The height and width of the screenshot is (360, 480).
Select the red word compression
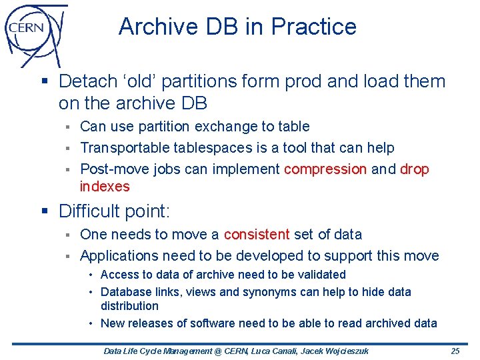pos(325,169)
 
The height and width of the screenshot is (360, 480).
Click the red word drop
pos(415,169)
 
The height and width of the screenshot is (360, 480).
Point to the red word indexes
pos(105,187)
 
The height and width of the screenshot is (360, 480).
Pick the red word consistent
pos(257,235)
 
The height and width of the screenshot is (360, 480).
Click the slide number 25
pos(455,351)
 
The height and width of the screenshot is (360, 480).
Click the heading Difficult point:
pos(115,212)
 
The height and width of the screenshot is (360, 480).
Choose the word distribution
pos(129,306)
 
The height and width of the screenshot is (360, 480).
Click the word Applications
pos(117,256)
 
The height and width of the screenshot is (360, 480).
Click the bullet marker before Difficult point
pos(45,212)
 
